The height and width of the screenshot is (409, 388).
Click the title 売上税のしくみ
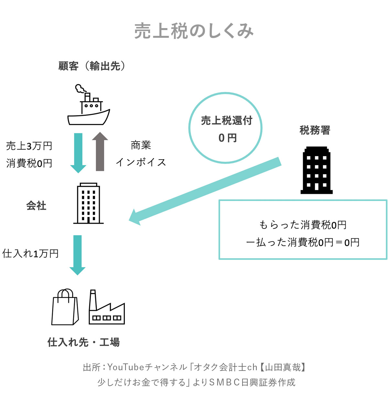tap(194, 31)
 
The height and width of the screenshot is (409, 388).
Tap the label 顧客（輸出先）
tap(92, 66)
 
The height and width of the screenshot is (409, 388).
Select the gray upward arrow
tap(100, 152)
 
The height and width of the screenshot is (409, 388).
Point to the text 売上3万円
tap(29, 146)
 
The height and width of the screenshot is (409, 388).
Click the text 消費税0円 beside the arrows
tap(29, 163)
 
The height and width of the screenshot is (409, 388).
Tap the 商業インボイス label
tap(141, 153)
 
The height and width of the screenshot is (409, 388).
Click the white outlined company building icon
tap(88, 204)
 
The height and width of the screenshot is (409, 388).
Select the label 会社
tap(36, 206)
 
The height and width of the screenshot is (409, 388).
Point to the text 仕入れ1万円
tap(30, 254)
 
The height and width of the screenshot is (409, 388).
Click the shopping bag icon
tap(65, 307)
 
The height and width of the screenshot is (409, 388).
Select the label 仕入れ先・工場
tap(83, 342)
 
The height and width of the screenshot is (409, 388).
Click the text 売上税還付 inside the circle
tap(226, 121)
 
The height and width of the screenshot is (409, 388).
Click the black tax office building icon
tap(317, 170)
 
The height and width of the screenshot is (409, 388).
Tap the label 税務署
tap(315, 130)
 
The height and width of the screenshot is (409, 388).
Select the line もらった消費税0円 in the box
tap(303, 225)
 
